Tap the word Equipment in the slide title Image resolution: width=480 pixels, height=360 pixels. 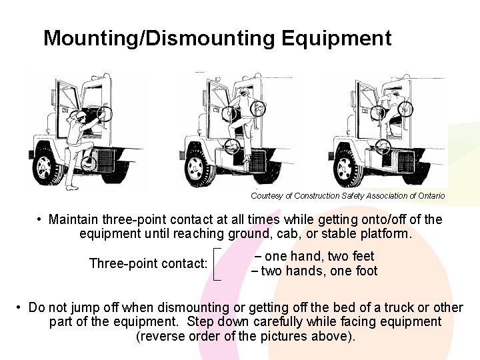[x=336, y=38]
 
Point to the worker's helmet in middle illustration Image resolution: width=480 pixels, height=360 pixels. [x=245, y=91]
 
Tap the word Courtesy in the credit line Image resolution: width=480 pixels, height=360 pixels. [x=267, y=196]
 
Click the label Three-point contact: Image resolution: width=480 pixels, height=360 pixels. [x=148, y=263]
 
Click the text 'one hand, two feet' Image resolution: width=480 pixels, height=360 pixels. [x=319, y=256]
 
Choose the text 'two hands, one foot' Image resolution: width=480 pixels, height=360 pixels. [x=319, y=271]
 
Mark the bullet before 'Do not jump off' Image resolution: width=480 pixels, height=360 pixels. [x=20, y=308]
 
